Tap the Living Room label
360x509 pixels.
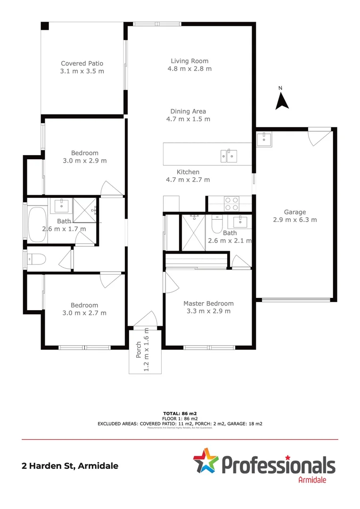pyautogui.click(x=189, y=61)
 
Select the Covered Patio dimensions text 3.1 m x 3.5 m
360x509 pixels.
pyautogui.click(x=82, y=71)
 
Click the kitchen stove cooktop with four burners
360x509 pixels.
pyautogui.click(x=231, y=203)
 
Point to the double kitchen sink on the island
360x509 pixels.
pyautogui.click(x=229, y=156)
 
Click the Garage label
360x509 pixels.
pyautogui.click(x=295, y=212)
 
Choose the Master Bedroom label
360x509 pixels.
pyautogui.click(x=208, y=304)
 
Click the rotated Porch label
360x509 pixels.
pyautogui.click(x=139, y=350)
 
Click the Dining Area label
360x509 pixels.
pyautogui.click(x=188, y=111)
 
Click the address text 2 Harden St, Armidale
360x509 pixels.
pyautogui.click(x=70, y=466)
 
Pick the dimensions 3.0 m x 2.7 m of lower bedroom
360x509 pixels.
pyautogui.click(x=85, y=313)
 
